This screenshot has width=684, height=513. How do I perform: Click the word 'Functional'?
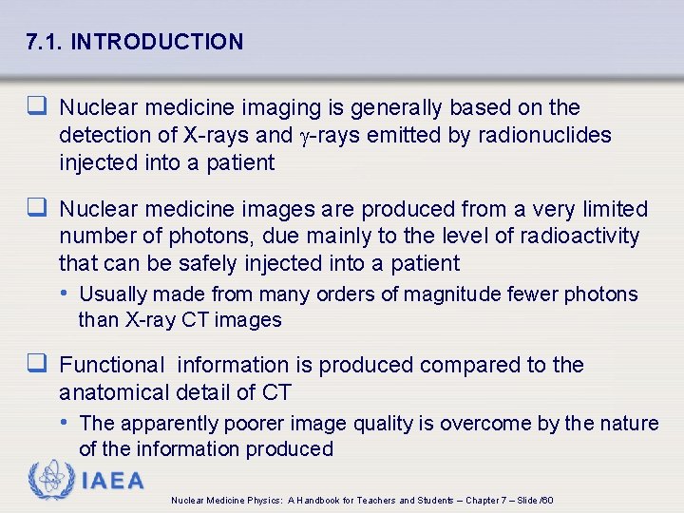point(112,365)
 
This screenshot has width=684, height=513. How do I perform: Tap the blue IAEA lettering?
point(112,481)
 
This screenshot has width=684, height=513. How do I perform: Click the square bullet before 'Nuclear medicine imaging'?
point(40,107)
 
